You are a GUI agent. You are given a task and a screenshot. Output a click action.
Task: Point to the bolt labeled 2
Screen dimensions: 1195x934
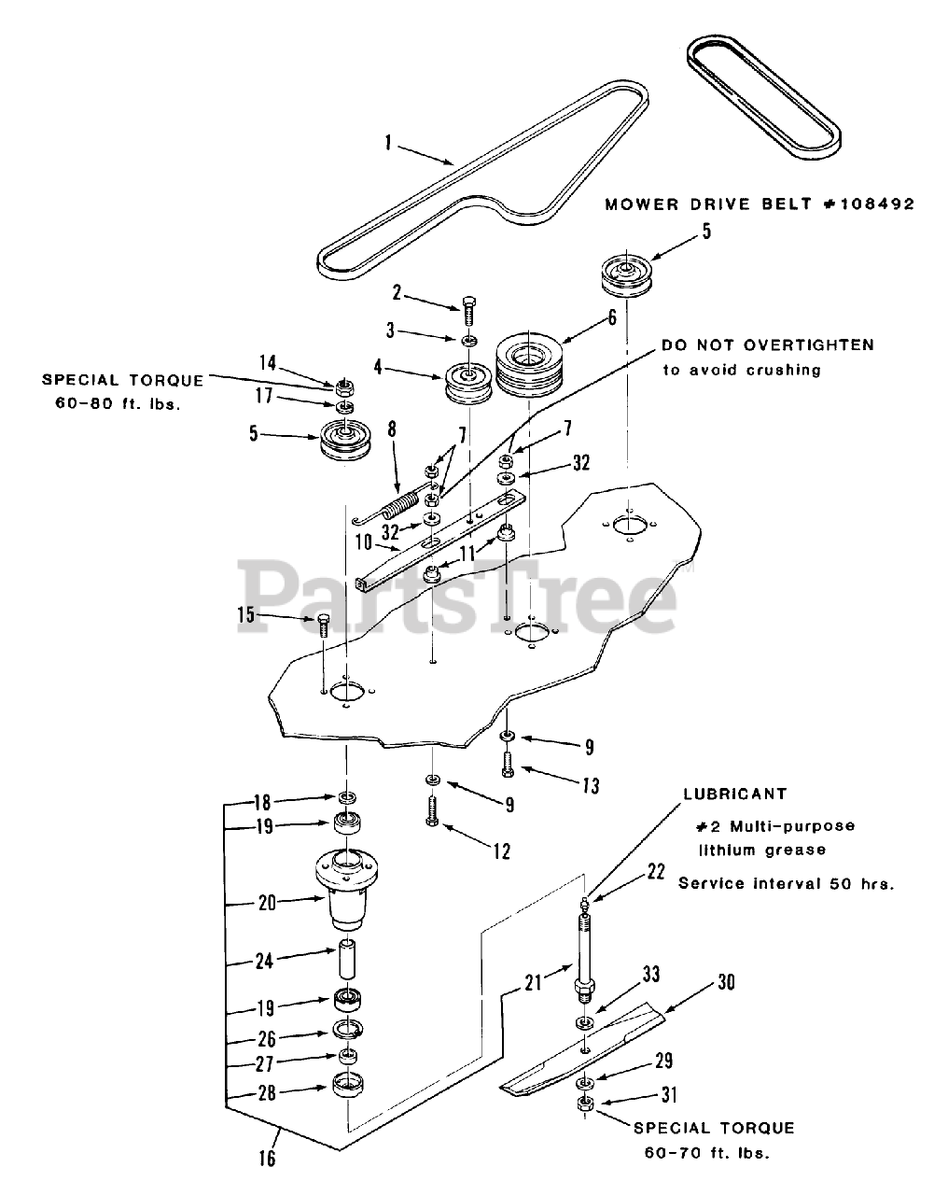coord(469,307)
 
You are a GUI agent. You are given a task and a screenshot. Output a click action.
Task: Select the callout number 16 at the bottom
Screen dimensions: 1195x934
coord(268,1159)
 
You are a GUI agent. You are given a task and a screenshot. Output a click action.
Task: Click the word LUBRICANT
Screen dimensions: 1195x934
coord(734,794)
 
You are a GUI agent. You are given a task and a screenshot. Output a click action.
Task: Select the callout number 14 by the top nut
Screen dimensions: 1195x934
coord(269,364)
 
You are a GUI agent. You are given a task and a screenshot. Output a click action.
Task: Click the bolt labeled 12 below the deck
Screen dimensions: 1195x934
coord(433,806)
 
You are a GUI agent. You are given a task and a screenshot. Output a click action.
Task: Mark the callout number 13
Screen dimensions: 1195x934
coord(590,786)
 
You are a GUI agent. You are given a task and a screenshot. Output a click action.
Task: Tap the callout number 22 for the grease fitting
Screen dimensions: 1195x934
coord(656,871)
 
